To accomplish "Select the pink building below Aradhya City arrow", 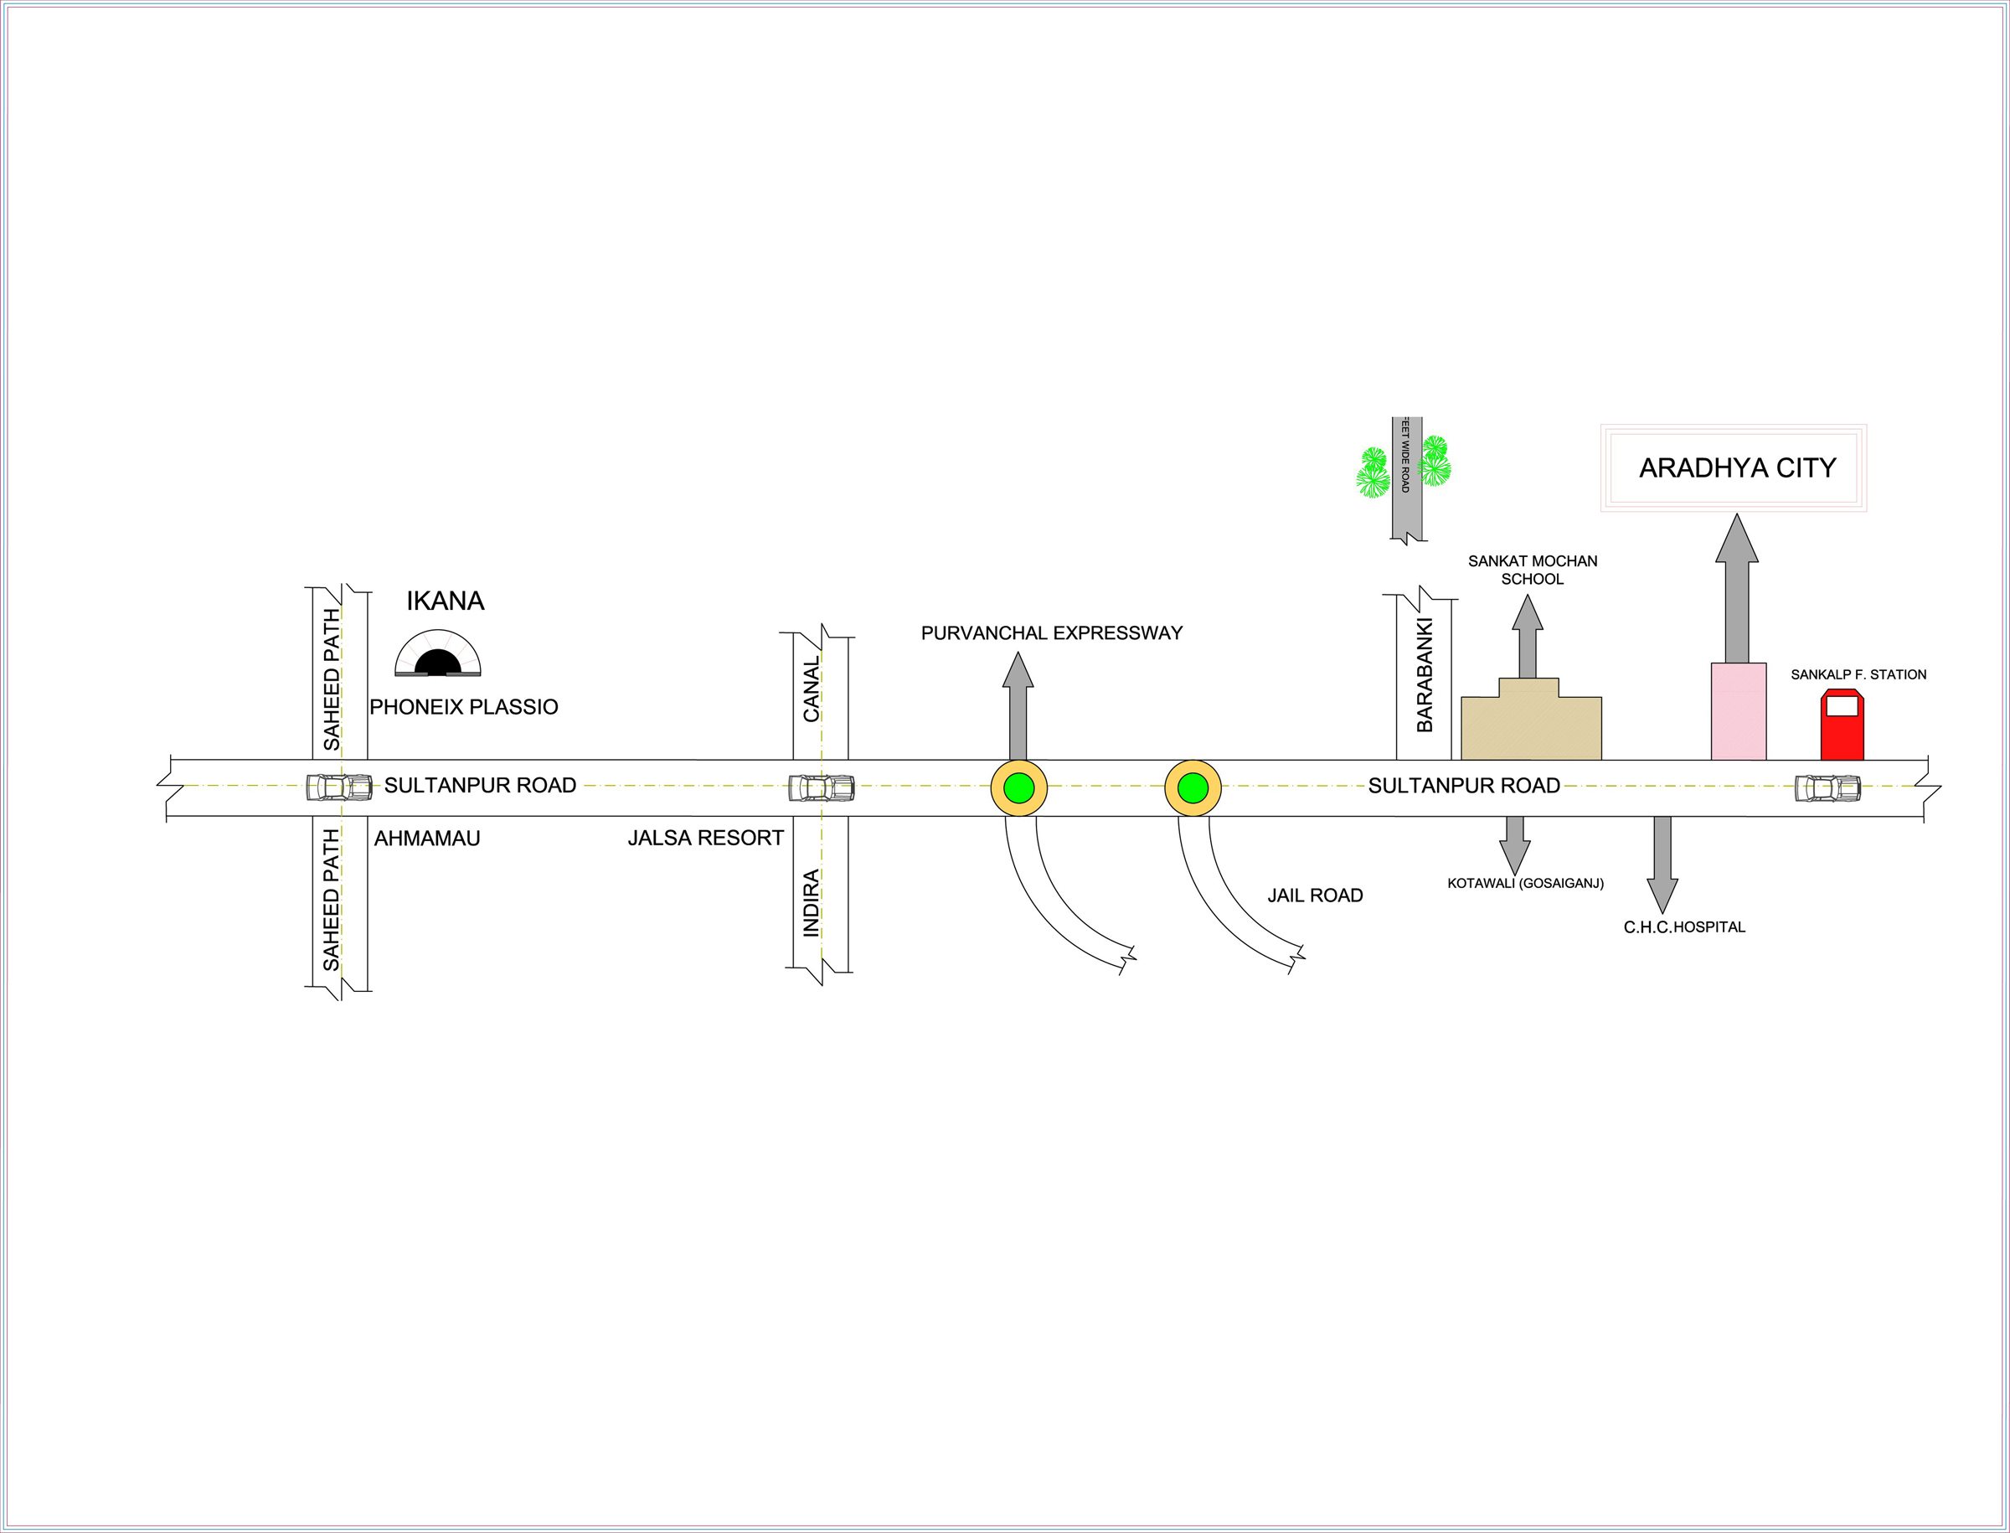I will point(1738,711).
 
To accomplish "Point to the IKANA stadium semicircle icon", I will point(438,654).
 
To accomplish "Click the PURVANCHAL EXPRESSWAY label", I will point(1051,633).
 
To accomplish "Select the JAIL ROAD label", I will point(1315,896).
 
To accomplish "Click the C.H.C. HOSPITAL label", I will point(1684,927).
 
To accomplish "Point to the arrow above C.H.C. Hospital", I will point(1662,862).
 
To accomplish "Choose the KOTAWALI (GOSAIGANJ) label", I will point(1526,883).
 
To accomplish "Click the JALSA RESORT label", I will point(705,838).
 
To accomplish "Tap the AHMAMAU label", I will point(427,838).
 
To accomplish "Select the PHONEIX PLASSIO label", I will point(463,707).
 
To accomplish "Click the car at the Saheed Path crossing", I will point(339,787).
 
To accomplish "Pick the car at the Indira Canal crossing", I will point(821,787).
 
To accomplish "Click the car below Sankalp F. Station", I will point(1827,787).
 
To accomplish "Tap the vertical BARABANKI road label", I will point(1425,675).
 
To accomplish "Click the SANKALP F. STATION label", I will point(1858,674).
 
